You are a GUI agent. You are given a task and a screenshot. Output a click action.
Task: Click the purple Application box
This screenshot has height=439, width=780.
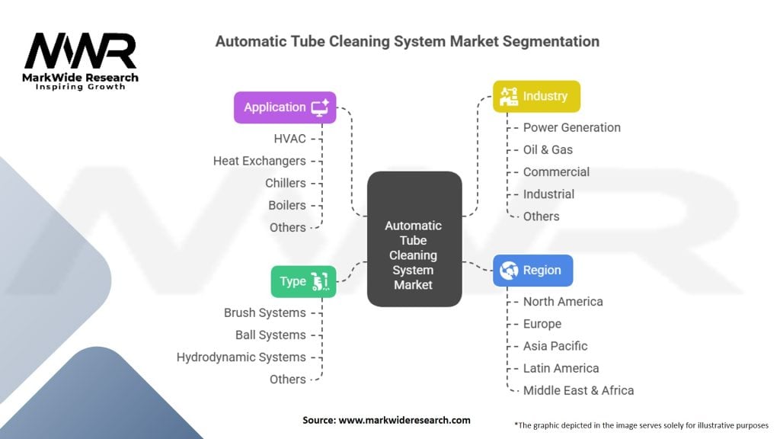click(x=285, y=107)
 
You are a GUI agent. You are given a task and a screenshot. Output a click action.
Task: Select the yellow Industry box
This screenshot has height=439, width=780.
click(x=536, y=96)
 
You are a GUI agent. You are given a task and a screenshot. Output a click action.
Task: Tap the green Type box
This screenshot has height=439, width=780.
click(x=303, y=281)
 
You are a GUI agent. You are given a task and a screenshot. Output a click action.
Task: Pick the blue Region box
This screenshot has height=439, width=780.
click(x=532, y=270)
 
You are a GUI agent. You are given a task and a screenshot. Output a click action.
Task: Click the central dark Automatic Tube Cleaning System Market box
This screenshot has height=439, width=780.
click(x=414, y=239)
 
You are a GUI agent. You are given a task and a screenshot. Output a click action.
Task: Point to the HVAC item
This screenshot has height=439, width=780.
click(x=289, y=139)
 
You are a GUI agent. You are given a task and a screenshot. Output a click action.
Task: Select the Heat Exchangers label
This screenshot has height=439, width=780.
click(x=259, y=161)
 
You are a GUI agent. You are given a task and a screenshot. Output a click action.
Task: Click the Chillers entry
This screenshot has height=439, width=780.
click(x=285, y=183)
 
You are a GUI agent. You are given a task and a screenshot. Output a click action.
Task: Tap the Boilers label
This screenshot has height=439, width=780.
click(x=286, y=205)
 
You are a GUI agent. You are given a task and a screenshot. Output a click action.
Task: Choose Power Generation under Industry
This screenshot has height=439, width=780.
click(x=571, y=127)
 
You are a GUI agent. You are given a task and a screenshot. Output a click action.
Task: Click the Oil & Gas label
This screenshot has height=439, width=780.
click(x=548, y=149)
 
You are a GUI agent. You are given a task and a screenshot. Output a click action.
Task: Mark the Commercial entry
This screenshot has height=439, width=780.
click(x=556, y=171)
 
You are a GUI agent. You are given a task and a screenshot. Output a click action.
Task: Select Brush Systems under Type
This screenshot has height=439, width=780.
click(x=264, y=312)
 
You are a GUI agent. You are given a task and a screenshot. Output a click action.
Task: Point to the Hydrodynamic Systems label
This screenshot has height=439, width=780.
click(x=241, y=357)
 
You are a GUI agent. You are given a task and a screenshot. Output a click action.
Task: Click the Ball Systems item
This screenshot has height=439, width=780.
click(x=270, y=335)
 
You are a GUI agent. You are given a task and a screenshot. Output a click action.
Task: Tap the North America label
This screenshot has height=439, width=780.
click(x=563, y=301)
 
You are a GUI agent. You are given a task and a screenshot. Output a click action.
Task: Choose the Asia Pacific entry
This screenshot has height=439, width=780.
click(x=555, y=345)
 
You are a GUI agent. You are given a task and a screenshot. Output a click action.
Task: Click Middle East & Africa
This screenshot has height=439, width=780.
click(x=578, y=390)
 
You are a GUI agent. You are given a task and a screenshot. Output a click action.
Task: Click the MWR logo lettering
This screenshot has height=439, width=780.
click(x=81, y=52)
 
